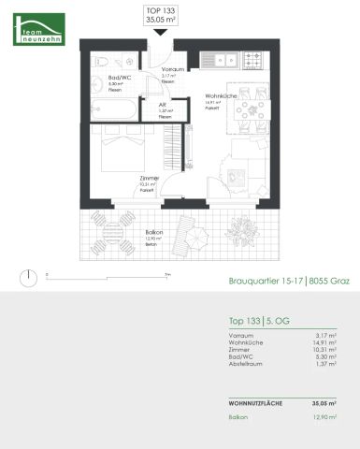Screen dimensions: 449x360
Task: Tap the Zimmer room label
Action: [x=149, y=178]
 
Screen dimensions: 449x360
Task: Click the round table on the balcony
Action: [x=116, y=234]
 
